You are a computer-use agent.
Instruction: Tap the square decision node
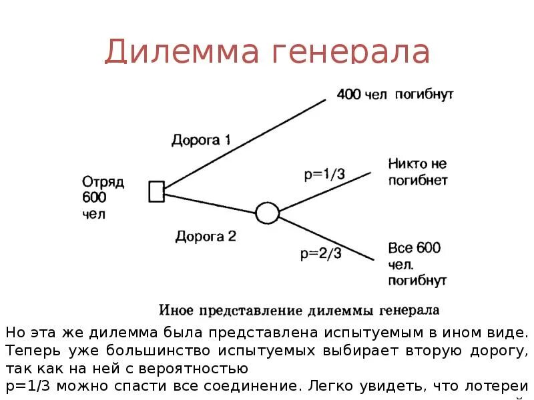[x=156, y=191]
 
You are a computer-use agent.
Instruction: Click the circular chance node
[x=267, y=213]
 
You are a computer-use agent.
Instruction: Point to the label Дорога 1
[x=201, y=140]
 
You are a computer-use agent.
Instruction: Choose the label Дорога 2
[x=206, y=235]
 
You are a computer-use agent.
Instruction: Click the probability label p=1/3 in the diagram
[x=324, y=174]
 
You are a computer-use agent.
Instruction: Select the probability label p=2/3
[x=321, y=253]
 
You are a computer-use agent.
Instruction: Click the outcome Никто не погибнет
[x=417, y=171]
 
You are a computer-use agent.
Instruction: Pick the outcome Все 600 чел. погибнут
[x=417, y=264]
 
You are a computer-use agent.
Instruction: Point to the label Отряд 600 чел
[x=103, y=197]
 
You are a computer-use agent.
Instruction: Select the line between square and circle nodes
[x=210, y=203]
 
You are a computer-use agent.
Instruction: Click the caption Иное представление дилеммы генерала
[x=298, y=310]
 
